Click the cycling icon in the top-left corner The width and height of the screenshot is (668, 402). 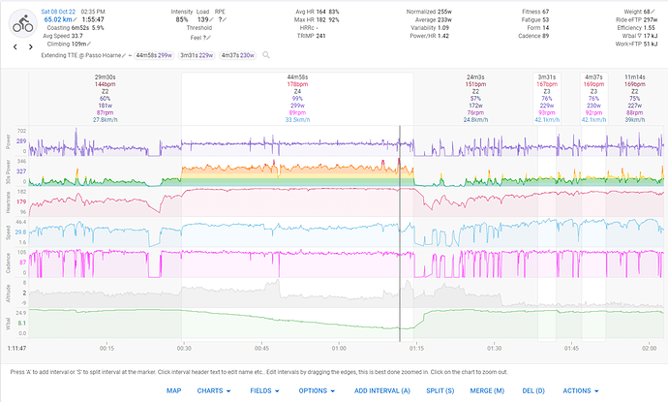(x=19, y=24)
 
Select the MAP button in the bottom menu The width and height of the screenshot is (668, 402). (x=173, y=390)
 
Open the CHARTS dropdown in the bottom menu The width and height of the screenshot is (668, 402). (x=213, y=390)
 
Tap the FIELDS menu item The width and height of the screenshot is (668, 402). (x=264, y=390)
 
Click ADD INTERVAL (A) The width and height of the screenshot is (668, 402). (x=382, y=390)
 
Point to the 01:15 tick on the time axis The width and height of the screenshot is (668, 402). (x=416, y=347)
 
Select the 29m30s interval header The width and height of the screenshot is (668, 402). (x=105, y=77)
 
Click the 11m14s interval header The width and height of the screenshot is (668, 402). (x=635, y=77)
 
